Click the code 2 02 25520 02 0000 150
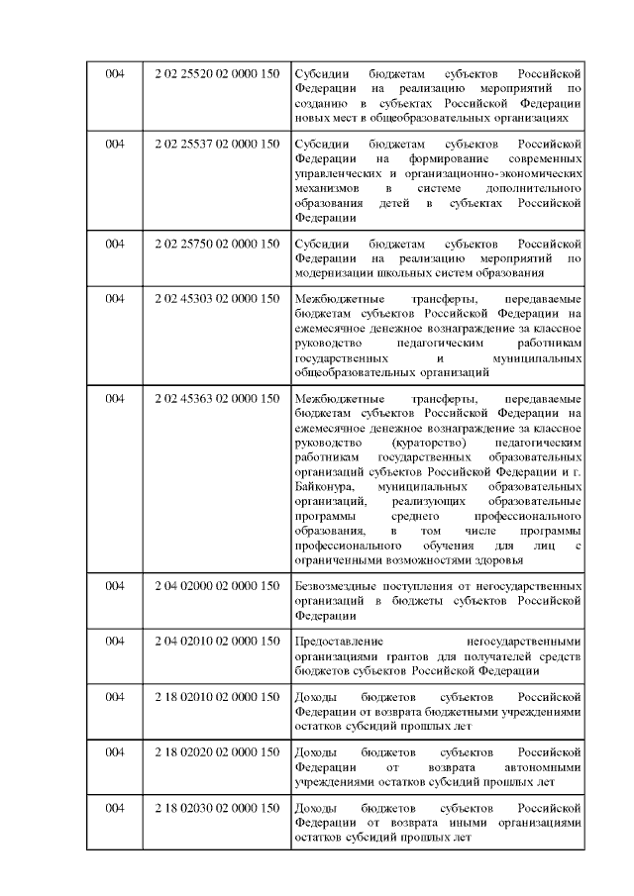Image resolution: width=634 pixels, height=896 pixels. pos(217,75)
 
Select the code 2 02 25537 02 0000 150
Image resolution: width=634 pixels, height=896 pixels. pos(217,144)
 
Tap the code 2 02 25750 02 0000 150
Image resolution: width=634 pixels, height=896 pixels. pos(217,244)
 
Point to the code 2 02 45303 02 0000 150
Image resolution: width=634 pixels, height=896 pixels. pos(217,298)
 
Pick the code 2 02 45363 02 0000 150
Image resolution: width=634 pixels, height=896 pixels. pos(217,398)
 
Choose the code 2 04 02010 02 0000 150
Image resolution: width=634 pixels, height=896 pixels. pos(217,641)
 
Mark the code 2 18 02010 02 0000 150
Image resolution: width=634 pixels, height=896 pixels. pos(217,696)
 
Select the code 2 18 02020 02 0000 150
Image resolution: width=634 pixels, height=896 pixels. pos(217,751)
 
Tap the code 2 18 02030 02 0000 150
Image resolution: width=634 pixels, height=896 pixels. pos(217,808)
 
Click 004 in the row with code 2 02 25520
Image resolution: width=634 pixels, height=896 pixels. pos(115,75)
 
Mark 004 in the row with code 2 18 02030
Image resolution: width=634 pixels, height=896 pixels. pos(115,808)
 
